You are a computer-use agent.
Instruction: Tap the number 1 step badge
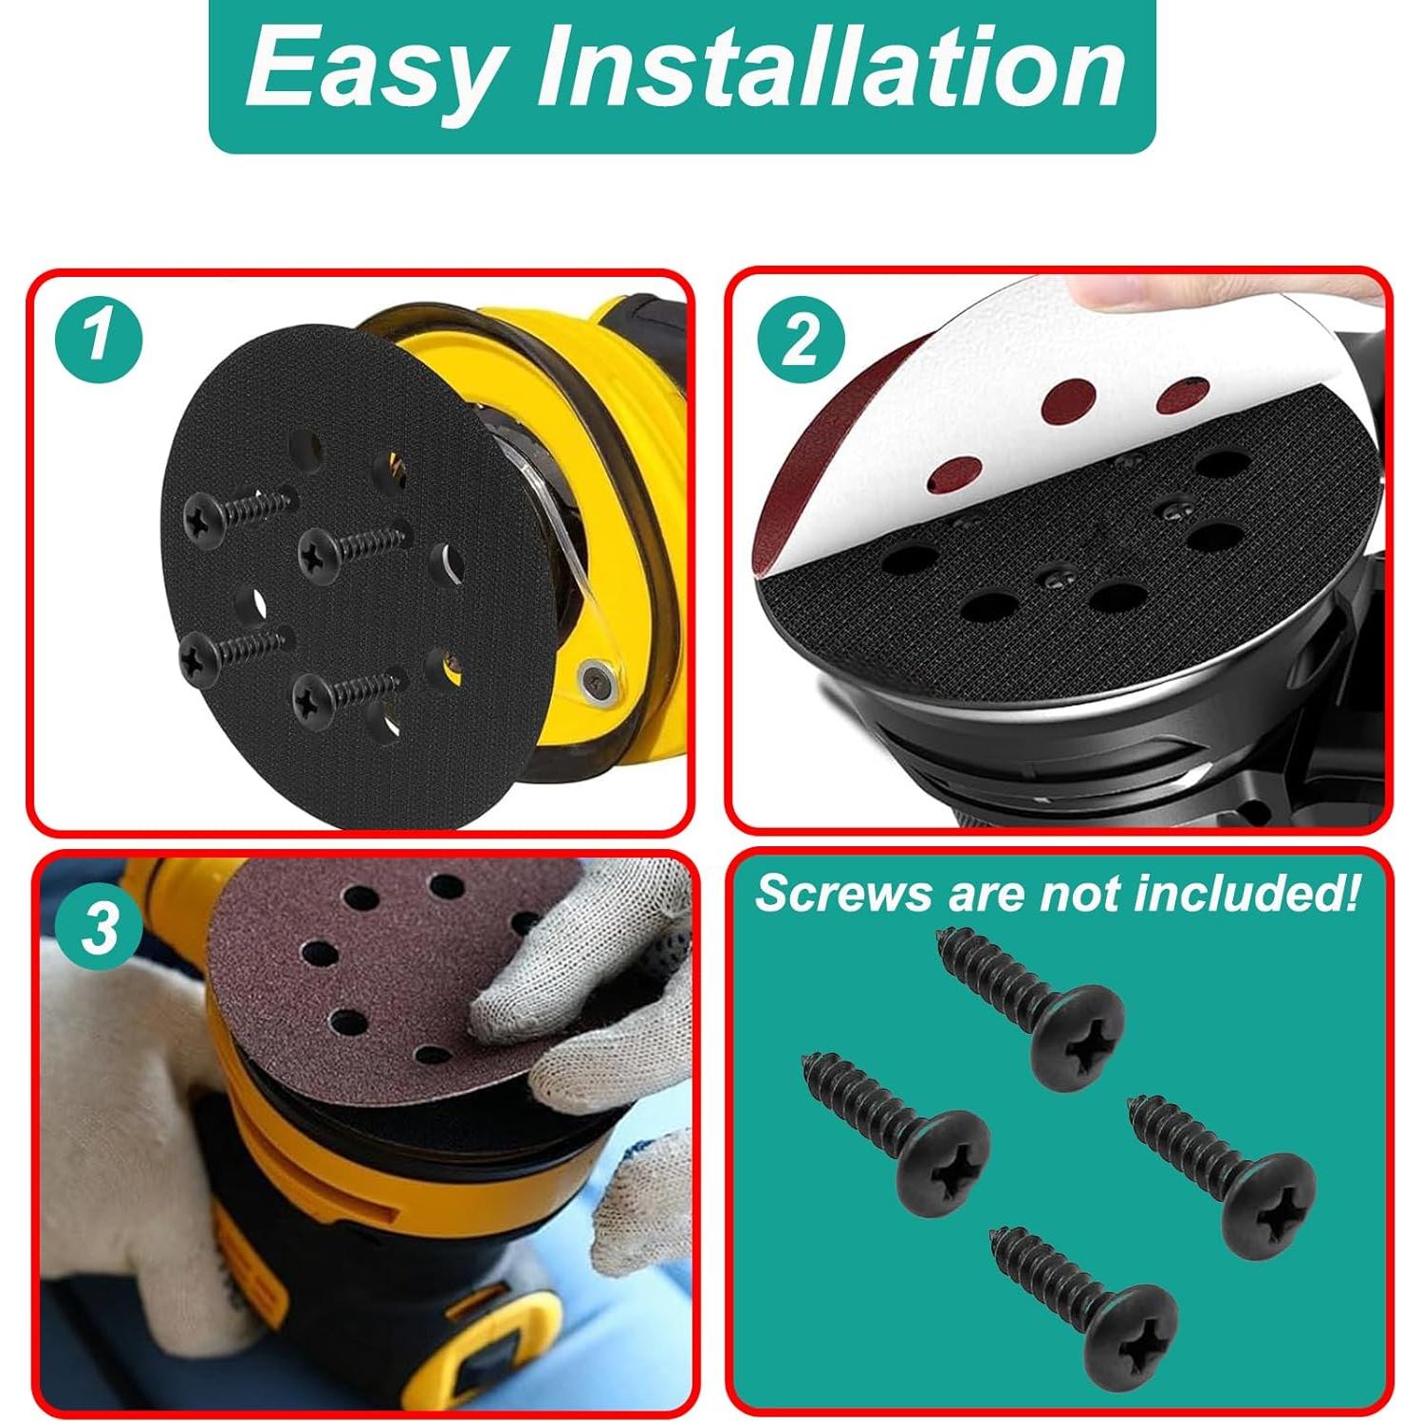(x=98, y=338)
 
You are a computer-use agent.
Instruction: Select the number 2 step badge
(x=800, y=338)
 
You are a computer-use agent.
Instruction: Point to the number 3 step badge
(x=98, y=927)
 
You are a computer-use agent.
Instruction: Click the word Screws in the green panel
(x=829, y=895)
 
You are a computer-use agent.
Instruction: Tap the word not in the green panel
(x=1079, y=894)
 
